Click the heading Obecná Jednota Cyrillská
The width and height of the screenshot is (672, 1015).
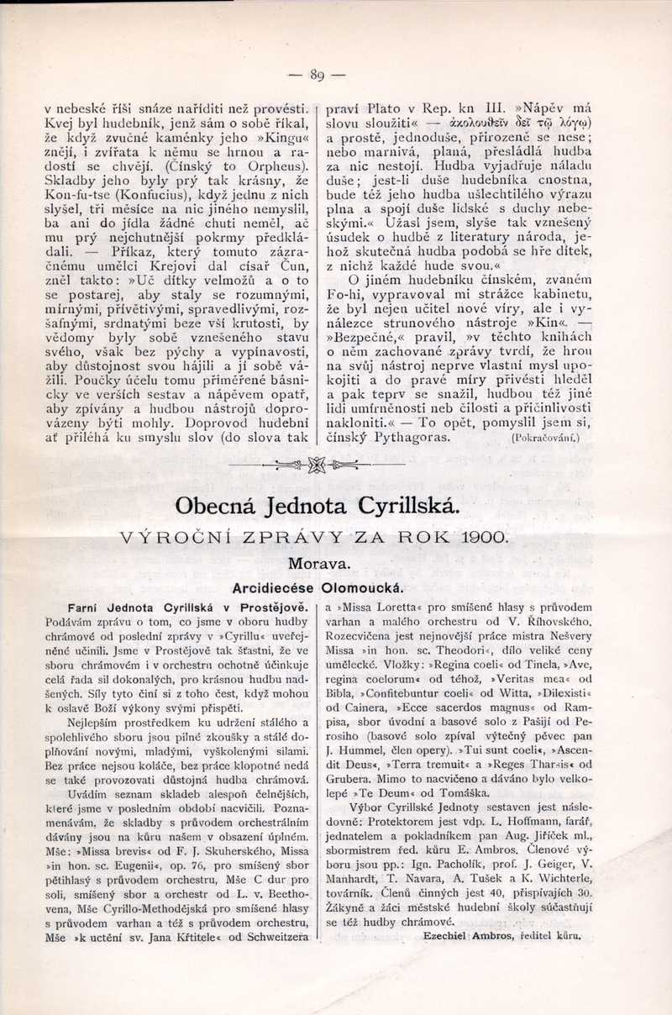[318, 506]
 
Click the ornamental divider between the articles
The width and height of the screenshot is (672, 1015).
[317, 464]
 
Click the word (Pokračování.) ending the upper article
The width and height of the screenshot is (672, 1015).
[544, 438]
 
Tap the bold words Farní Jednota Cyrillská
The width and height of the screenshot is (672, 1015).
[149, 607]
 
